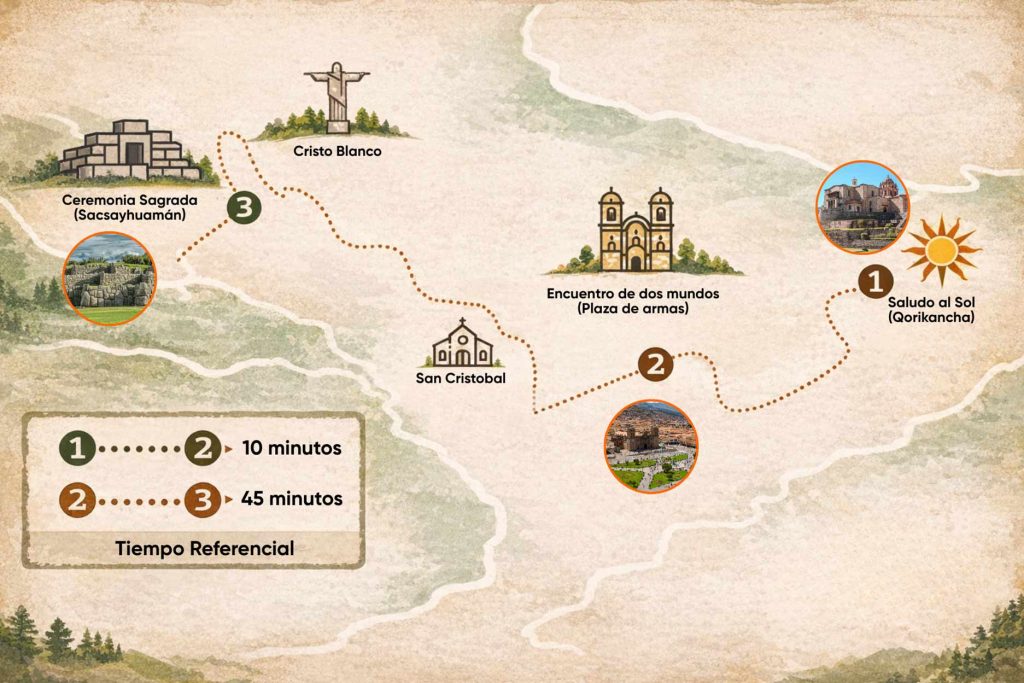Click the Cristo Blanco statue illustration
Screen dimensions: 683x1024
pyautogui.click(x=337, y=98)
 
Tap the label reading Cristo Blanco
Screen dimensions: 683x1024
pyautogui.click(x=337, y=152)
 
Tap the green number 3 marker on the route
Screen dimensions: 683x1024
pyautogui.click(x=243, y=208)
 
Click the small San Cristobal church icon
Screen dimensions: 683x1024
pyautogui.click(x=462, y=345)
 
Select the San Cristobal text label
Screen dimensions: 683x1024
pyautogui.click(x=461, y=378)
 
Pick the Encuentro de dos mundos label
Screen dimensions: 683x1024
pyautogui.click(x=633, y=301)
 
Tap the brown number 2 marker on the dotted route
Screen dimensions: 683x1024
pyautogui.click(x=656, y=364)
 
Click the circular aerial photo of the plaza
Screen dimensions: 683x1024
pyautogui.click(x=650, y=446)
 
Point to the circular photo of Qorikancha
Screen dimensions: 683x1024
pyautogui.click(x=862, y=208)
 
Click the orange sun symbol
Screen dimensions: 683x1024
pyautogui.click(x=940, y=250)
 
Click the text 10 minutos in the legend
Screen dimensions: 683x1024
pyautogui.click(x=291, y=448)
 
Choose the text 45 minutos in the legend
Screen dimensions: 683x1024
pyautogui.click(x=291, y=498)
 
